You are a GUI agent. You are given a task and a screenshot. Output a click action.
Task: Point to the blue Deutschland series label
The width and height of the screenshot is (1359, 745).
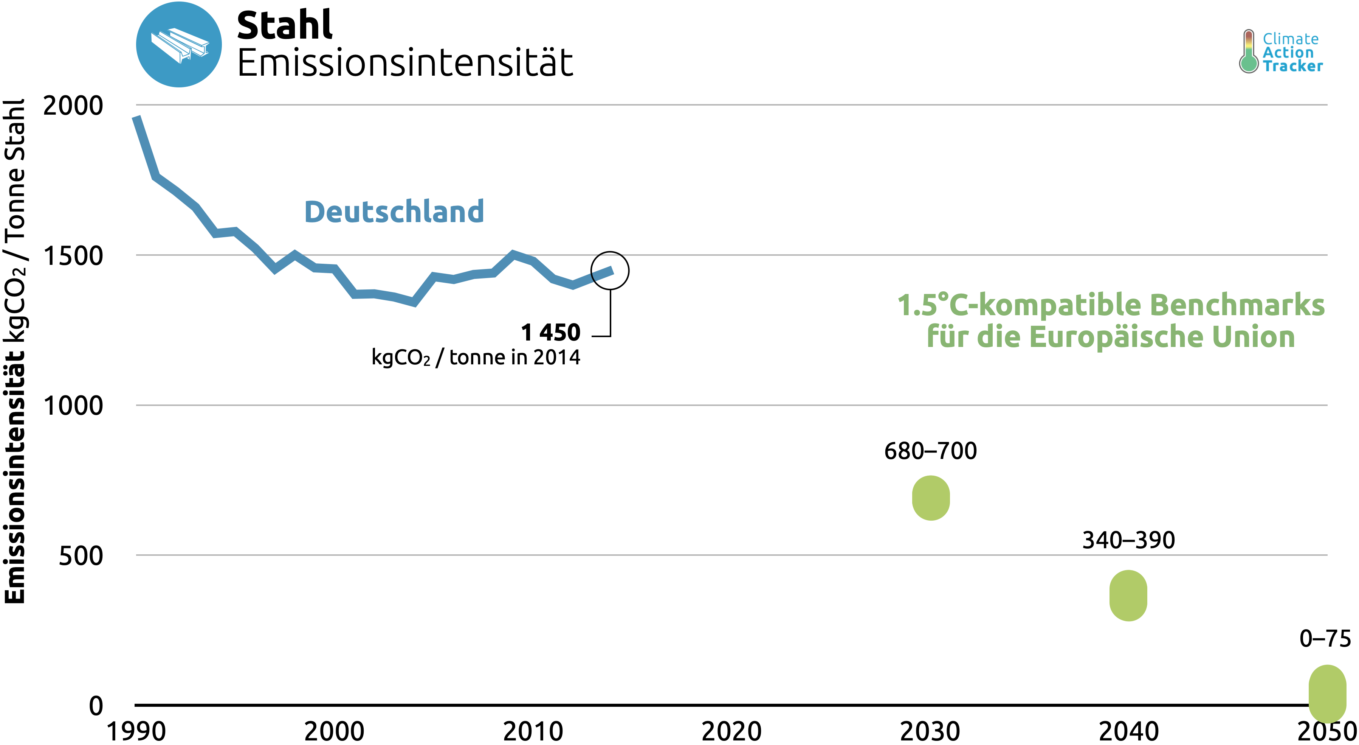pyautogui.click(x=394, y=212)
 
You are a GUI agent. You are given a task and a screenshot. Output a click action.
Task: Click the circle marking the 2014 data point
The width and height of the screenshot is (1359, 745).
pyautogui.click(x=610, y=270)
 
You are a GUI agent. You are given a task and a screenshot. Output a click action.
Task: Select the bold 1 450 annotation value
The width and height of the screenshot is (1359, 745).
pyautogui.click(x=550, y=333)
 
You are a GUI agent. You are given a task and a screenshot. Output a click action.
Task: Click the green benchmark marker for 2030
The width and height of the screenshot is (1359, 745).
pyautogui.click(x=931, y=498)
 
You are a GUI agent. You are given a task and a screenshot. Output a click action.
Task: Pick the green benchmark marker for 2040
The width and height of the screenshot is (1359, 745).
pyautogui.click(x=1128, y=596)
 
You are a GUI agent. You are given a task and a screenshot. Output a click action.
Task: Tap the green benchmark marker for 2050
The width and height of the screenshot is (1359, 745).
pyautogui.click(x=1327, y=693)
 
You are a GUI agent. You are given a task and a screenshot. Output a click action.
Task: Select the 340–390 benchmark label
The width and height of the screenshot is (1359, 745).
pyautogui.click(x=1128, y=540)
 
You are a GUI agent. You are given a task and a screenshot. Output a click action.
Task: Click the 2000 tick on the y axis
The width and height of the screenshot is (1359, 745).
pyautogui.click(x=73, y=106)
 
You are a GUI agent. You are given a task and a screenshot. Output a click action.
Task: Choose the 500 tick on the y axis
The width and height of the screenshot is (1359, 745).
pyautogui.click(x=81, y=556)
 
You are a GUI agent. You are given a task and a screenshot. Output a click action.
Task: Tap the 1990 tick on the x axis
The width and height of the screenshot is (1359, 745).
pyautogui.click(x=136, y=731)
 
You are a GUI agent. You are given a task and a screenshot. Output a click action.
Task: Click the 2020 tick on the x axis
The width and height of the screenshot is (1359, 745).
pyautogui.click(x=731, y=731)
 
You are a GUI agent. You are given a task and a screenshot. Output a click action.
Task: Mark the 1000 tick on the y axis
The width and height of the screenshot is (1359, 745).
pyautogui.click(x=73, y=406)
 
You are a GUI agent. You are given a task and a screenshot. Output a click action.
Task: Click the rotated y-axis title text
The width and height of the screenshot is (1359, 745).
pyautogui.click(x=15, y=351)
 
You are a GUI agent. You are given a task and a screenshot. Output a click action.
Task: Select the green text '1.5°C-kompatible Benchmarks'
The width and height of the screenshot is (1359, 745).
pyautogui.click(x=1111, y=305)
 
